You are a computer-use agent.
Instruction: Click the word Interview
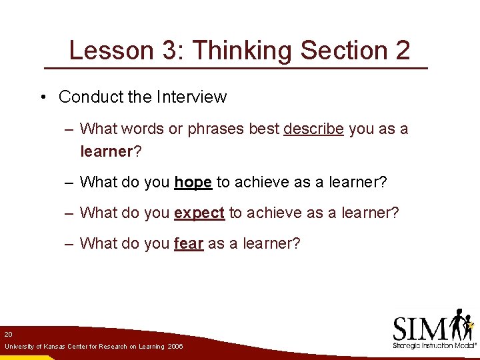(x=191, y=97)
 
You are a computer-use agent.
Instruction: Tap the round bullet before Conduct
(x=42, y=97)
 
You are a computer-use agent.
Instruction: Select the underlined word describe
(x=313, y=129)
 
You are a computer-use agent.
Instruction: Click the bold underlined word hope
(x=193, y=182)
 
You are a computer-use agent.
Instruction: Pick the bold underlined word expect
(x=199, y=213)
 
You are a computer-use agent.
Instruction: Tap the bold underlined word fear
(x=188, y=243)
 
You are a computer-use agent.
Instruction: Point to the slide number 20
(x=8, y=333)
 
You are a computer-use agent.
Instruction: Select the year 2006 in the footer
(x=175, y=347)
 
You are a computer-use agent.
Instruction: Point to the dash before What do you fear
(x=69, y=243)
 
